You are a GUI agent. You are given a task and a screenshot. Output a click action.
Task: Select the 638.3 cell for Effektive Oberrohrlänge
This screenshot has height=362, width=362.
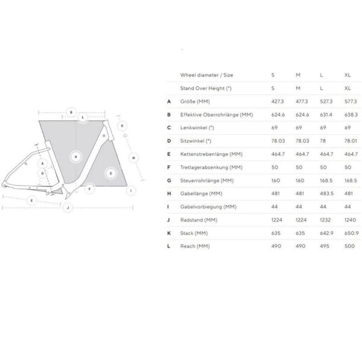pos(351,115)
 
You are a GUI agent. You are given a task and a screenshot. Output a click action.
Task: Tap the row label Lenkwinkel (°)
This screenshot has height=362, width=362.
pos(196,127)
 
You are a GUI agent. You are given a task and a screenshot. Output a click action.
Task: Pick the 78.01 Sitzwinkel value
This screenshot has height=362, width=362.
pos(351,141)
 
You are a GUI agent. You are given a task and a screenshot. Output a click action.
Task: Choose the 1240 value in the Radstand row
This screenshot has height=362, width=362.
pos(350,220)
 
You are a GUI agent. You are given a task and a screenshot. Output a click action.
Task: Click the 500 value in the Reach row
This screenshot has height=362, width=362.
pos(349,246)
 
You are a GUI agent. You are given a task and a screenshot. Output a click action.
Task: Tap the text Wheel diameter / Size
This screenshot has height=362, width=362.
pos(207,75)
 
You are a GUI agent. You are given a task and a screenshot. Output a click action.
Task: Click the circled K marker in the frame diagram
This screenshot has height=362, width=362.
pos(75,157)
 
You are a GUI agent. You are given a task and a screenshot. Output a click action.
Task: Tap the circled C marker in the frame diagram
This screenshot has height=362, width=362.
pos(110,174)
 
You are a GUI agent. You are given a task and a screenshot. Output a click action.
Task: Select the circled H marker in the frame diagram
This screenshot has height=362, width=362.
pos(134,157)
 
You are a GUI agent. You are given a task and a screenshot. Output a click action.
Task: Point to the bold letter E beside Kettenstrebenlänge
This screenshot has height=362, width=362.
pos(170,154)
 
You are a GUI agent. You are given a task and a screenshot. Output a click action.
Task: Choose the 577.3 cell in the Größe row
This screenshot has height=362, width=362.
pos(351,101)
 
